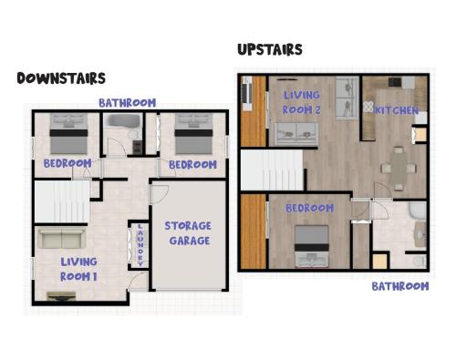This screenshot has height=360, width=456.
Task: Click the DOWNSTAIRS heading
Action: [61, 78]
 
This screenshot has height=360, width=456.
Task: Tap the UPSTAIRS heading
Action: [270, 50]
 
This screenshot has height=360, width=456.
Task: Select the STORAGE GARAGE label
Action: [188, 233]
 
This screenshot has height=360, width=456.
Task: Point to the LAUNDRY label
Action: [140, 245]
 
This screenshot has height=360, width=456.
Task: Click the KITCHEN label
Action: [396, 110]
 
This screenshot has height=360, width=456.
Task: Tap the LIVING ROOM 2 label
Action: [302, 102]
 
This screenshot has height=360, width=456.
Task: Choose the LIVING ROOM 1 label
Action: [78, 269]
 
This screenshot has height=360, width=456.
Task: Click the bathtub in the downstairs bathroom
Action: [122, 121]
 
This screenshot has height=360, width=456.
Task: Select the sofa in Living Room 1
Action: [61, 239]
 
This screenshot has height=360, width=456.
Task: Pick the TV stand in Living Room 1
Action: [61, 296]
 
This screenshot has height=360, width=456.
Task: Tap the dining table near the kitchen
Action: [399, 168]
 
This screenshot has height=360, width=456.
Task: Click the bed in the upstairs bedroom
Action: [312, 246]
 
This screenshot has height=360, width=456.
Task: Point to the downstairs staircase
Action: [62, 201]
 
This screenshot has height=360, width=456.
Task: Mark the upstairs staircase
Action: [273, 170]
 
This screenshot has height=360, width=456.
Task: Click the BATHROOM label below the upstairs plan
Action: [400, 286]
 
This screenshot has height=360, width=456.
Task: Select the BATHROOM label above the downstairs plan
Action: [128, 103]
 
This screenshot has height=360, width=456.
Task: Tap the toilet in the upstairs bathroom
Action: [420, 261]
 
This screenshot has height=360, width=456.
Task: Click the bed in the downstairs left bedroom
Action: [68, 134]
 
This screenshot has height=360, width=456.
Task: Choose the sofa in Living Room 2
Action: [296, 134]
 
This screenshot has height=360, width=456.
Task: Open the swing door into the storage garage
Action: [158, 194]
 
